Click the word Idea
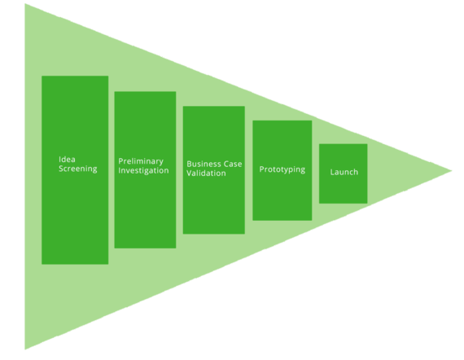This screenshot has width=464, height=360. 67,160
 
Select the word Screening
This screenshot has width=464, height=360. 78,169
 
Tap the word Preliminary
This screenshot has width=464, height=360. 141,161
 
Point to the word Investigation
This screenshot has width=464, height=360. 143,171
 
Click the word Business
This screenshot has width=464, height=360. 204,164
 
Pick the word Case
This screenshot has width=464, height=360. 233,164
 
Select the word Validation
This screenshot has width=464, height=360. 206,173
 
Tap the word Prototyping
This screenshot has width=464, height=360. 282,169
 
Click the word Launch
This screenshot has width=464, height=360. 344,172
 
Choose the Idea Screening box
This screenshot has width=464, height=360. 75,170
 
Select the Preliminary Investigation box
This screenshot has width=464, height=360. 145,169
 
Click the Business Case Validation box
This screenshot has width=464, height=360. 214,170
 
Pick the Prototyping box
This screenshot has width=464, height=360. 282,170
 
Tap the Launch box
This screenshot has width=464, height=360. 344,173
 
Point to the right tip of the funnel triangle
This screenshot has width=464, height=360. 452,170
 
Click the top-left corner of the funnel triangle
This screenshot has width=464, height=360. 25,4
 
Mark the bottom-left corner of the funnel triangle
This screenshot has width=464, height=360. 25,349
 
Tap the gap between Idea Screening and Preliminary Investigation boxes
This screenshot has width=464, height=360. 112,169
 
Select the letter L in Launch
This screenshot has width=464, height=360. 332,172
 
